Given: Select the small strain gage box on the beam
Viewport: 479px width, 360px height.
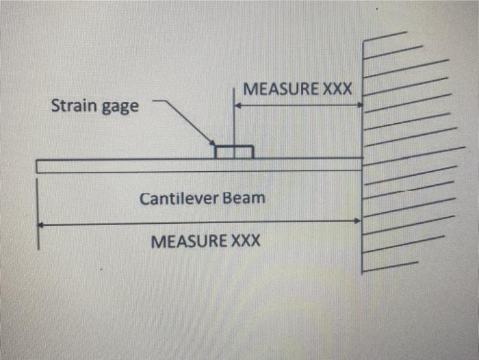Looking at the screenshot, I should (234, 151).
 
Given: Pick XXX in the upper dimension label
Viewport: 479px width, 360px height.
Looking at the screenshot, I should (337, 90).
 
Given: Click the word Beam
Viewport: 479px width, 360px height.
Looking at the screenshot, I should (247, 198).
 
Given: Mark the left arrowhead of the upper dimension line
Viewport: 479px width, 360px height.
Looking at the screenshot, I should (238, 105).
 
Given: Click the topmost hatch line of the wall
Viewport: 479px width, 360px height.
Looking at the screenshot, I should (385, 36).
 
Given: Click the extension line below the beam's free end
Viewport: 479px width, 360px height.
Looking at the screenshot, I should (38, 233).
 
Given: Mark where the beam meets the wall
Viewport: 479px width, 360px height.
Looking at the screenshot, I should (361, 164).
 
